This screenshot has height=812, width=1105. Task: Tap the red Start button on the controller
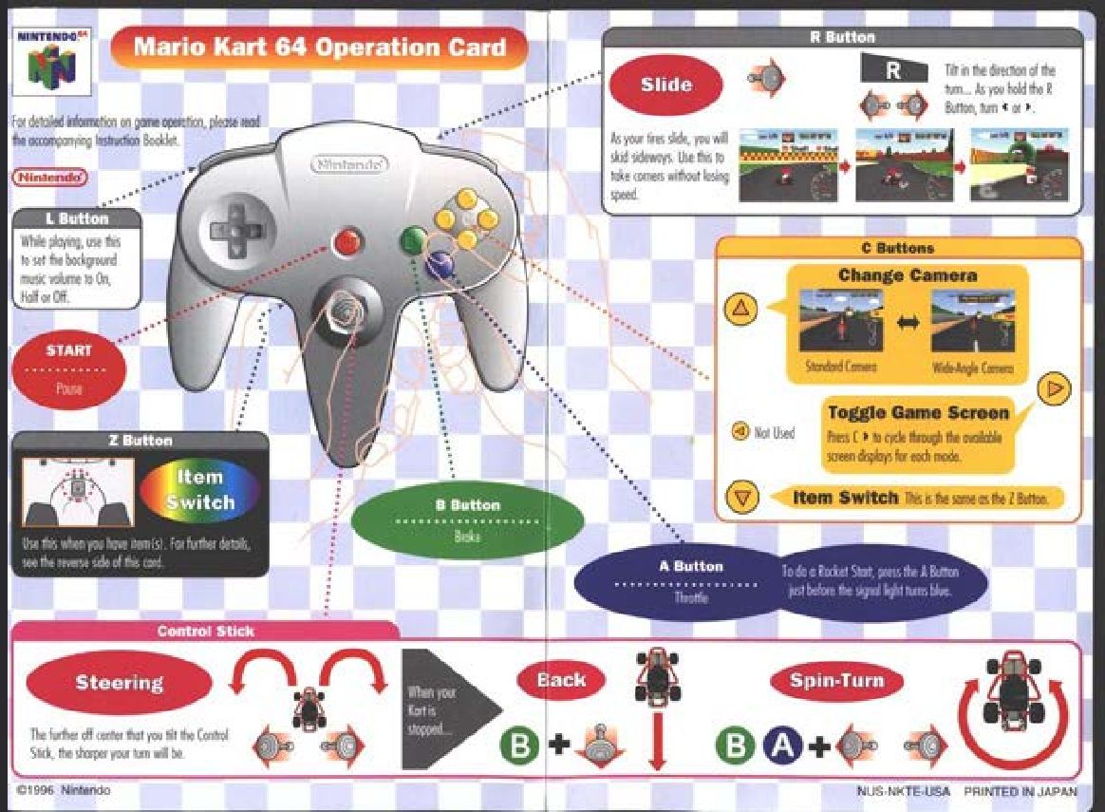click(347, 240)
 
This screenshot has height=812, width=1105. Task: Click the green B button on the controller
click(412, 240)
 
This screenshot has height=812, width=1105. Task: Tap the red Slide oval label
click(665, 85)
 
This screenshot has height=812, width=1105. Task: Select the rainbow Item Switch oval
click(199, 490)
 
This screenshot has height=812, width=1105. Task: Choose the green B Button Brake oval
click(467, 519)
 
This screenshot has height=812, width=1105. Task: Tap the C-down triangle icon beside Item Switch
click(742, 498)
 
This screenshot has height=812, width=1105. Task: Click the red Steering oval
click(120, 682)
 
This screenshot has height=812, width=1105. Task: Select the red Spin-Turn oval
click(835, 681)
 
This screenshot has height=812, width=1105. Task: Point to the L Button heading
click(77, 219)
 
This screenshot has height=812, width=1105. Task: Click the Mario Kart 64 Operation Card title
click(319, 47)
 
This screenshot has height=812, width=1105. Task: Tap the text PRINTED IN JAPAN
click(1021, 790)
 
